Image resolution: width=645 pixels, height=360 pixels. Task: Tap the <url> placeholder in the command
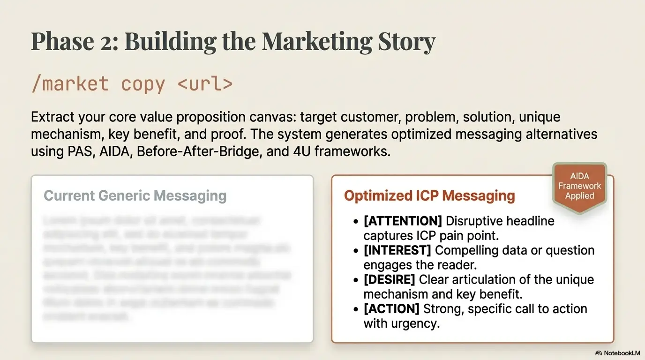click(x=205, y=83)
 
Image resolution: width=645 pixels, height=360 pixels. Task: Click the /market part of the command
click(x=70, y=83)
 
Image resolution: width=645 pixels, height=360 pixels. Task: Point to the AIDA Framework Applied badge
click(x=579, y=186)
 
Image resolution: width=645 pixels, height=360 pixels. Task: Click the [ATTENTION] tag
click(x=403, y=221)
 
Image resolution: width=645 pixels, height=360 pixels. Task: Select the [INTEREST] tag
click(x=397, y=250)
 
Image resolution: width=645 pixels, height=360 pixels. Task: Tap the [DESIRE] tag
click(x=389, y=280)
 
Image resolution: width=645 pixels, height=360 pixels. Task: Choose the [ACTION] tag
click(x=391, y=309)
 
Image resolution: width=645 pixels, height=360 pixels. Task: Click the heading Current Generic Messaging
click(x=135, y=195)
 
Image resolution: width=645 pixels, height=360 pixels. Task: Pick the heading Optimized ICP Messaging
click(x=429, y=195)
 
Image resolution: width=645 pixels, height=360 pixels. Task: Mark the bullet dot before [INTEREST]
click(x=356, y=251)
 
